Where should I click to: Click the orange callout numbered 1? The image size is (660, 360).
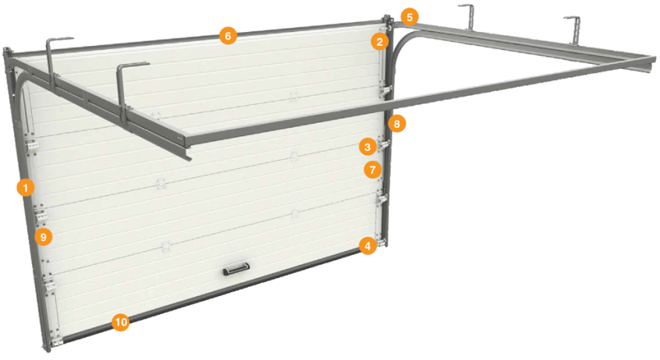click(26, 187)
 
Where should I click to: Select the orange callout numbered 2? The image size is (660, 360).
click(379, 41)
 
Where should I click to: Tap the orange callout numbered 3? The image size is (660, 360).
click(368, 147)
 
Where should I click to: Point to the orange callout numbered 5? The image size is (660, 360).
click(410, 17)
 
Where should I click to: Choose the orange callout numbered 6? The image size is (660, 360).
click(228, 36)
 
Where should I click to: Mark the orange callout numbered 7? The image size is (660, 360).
click(372, 170)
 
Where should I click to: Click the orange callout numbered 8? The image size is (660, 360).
click(397, 124)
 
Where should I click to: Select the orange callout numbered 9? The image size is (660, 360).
click(44, 237)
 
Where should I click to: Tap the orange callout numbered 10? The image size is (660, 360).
click(121, 322)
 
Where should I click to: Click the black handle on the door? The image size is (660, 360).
click(237, 268)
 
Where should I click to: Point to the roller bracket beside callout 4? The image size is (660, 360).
click(382, 242)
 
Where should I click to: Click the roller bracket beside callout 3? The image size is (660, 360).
click(384, 145)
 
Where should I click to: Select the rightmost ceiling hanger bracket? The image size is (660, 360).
click(574, 30)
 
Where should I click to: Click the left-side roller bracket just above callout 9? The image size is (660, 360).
click(41, 215)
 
